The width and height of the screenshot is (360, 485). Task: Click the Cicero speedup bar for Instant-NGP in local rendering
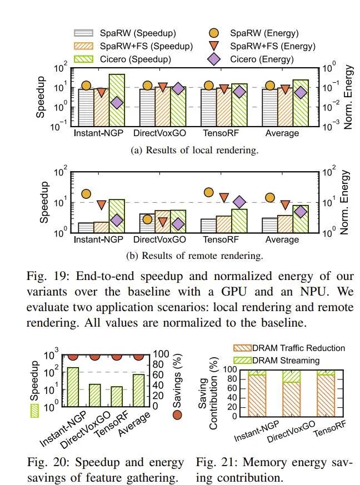click(117, 100)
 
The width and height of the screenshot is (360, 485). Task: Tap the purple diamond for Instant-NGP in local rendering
click(117, 103)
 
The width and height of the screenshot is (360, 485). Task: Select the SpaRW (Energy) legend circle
click(214, 33)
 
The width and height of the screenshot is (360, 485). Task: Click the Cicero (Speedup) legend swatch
click(83, 59)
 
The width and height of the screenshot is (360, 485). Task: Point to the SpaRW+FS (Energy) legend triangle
click(214, 46)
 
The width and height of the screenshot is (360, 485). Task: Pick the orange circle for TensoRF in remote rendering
click(209, 192)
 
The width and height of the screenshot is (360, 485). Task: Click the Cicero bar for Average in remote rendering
click(301, 219)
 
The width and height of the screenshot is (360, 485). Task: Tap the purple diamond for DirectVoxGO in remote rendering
click(178, 224)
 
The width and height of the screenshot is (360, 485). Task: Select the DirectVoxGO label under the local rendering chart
click(159, 133)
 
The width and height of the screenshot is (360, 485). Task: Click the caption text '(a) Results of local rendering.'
click(194, 151)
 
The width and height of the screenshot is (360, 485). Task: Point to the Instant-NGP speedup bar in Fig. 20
click(73, 387)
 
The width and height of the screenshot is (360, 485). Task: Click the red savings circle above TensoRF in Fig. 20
click(117, 356)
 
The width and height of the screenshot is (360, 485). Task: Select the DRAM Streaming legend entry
click(277, 361)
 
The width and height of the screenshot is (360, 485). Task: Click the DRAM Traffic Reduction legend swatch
click(242, 348)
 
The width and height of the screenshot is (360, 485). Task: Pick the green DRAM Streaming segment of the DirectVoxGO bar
click(291, 376)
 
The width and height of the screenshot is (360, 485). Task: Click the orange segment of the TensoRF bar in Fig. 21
click(326, 396)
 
